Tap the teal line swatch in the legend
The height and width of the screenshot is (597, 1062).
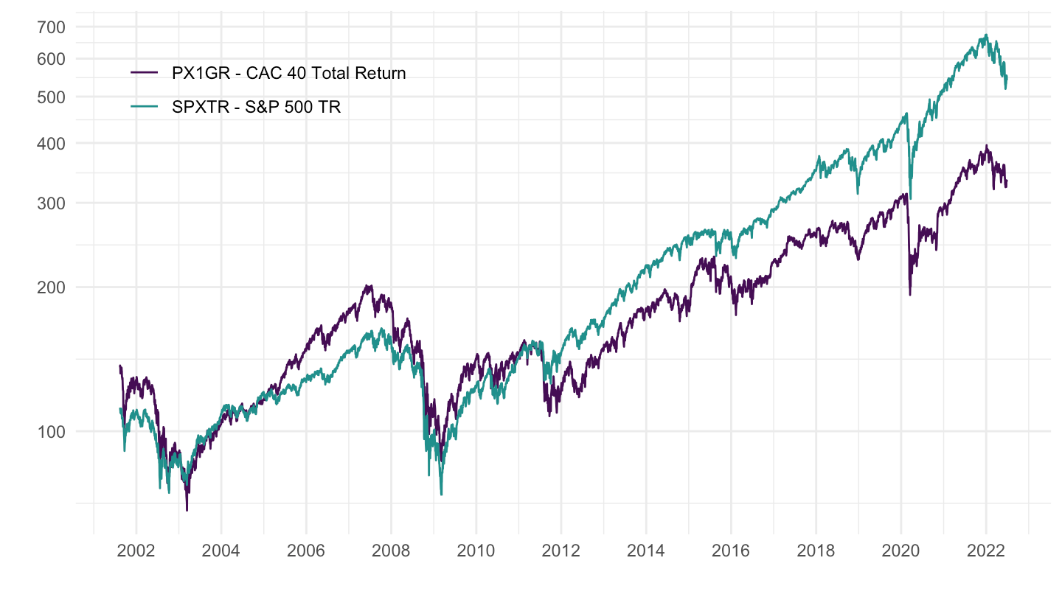coord(144,107)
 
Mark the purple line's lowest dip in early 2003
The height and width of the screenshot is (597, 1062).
coord(187,509)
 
